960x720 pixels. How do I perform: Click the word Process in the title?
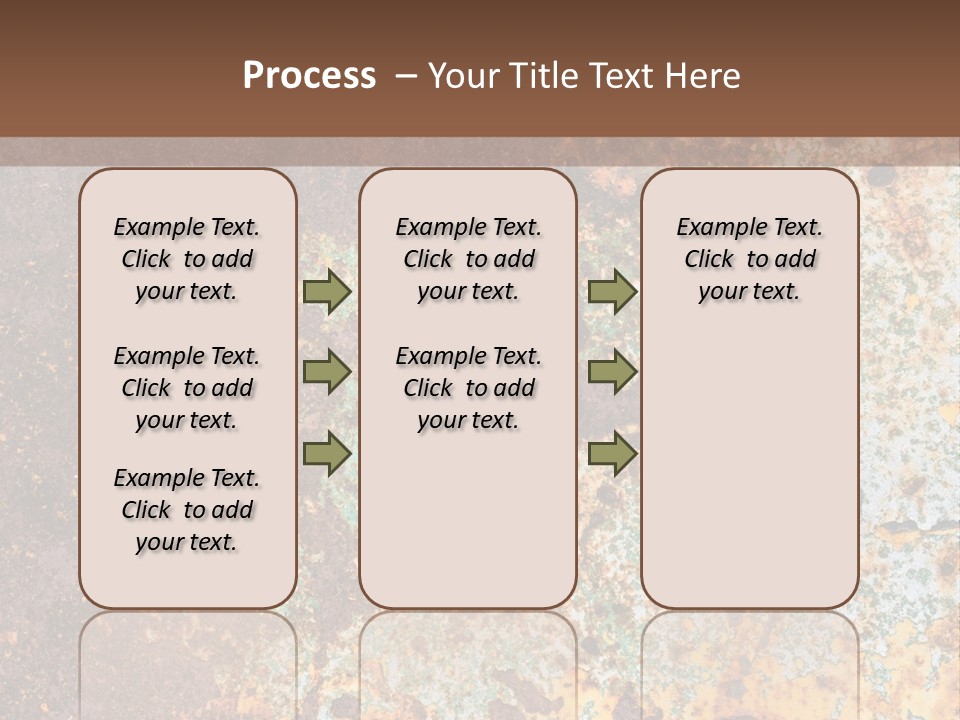click(x=309, y=76)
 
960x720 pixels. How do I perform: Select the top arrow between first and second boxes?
click(x=327, y=292)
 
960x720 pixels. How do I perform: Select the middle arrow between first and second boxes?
click(x=327, y=372)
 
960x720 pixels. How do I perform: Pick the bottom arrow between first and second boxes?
click(x=327, y=453)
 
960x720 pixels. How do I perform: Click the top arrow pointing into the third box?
click(x=612, y=292)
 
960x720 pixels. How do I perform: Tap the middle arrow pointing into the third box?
click(x=612, y=372)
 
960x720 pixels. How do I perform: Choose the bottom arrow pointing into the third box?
click(x=612, y=453)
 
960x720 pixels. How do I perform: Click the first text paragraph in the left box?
click(x=187, y=259)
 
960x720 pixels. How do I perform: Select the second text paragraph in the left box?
click(x=187, y=388)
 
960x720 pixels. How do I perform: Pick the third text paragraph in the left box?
click(x=187, y=510)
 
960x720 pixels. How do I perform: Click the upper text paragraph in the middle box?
click(x=468, y=259)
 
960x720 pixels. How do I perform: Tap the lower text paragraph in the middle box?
click(x=468, y=388)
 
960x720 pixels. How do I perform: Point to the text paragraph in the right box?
click(x=750, y=259)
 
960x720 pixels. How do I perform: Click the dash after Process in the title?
click(x=405, y=76)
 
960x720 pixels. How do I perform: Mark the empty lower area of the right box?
click(x=750, y=470)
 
